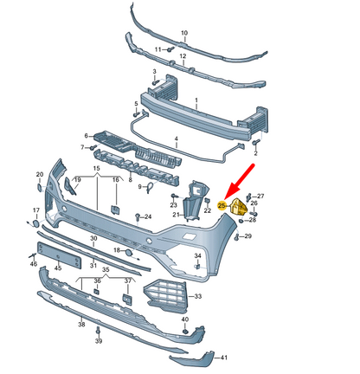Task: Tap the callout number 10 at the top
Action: click(x=183, y=34)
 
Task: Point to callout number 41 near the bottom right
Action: click(x=223, y=357)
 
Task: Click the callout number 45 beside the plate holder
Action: click(x=58, y=269)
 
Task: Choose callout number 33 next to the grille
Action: click(x=198, y=297)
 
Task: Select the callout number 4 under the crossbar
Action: click(x=175, y=139)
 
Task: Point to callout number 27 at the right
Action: click(x=260, y=197)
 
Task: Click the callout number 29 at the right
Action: click(x=248, y=236)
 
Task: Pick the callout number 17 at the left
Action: click(x=35, y=210)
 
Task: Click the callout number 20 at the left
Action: click(x=39, y=175)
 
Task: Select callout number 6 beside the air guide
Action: click(x=87, y=136)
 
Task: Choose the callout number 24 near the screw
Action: click(x=149, y=216)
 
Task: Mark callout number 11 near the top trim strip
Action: click(x=157, y=50)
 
